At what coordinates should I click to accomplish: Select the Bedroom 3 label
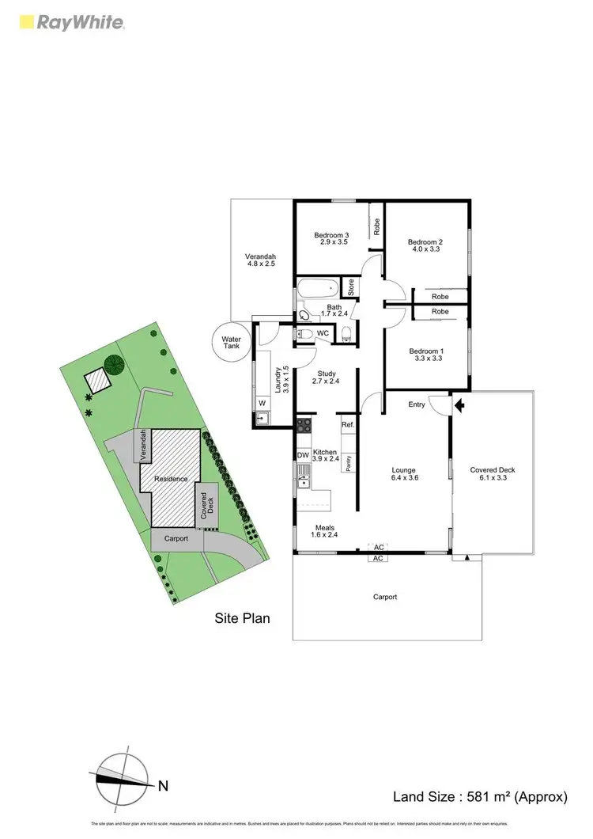[331, 238]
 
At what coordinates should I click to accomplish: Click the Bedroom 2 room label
[425, 245]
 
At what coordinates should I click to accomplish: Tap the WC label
[323, 333]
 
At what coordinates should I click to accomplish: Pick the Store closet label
[350, 286]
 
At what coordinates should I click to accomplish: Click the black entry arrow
[460, 405]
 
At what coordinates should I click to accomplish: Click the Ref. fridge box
[347, 425]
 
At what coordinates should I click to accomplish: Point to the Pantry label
[348, 462]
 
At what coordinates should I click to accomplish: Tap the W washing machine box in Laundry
[261, 401]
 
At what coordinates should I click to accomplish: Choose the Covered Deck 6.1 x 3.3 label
[493, 474]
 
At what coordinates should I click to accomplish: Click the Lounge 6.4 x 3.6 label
[404, 474]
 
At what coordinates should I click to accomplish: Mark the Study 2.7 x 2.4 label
[327, 378]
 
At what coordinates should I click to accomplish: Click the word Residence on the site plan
[171, 479]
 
